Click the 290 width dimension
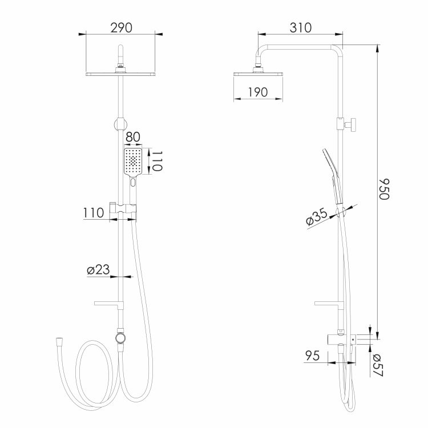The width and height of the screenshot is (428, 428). pos(121,28)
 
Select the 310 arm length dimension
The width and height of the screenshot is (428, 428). pos(301,28)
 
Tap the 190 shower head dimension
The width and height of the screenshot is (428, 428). pos(258,92)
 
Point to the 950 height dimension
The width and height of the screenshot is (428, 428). pos(384,189)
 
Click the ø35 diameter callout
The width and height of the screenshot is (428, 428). pos(317,216)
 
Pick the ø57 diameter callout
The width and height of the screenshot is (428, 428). pos(378,365)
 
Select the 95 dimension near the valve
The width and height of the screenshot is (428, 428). pos(312,356)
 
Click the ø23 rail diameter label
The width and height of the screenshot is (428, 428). pos(98,270)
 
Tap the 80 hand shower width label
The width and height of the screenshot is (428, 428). pos(133,137)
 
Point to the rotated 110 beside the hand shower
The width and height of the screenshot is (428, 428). pos(158,161)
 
